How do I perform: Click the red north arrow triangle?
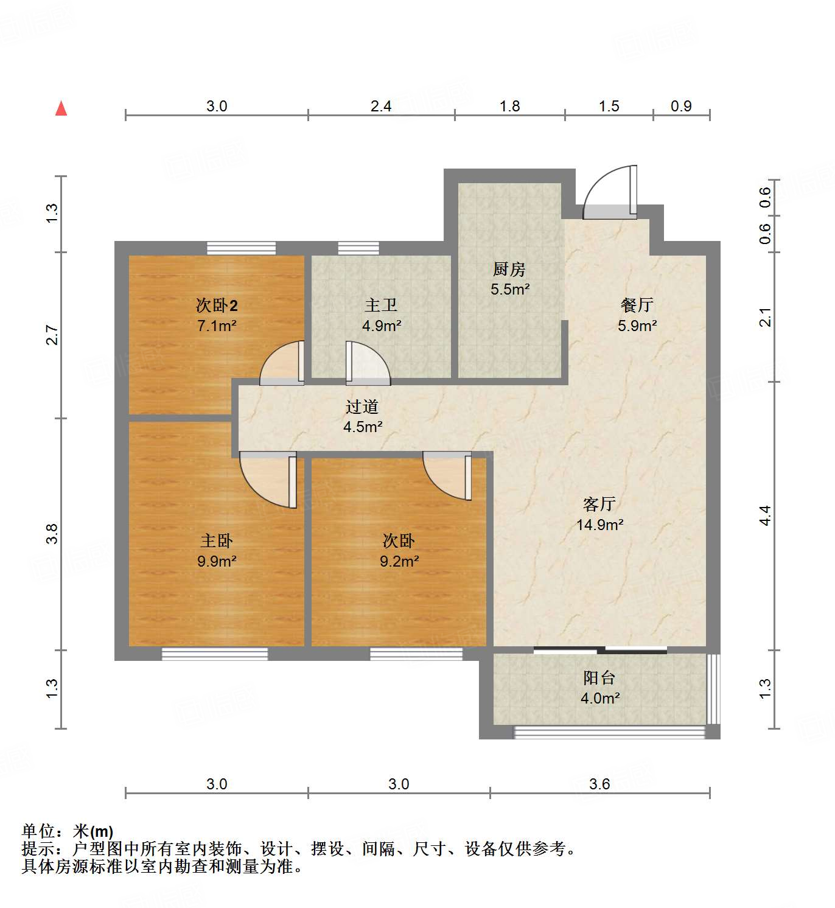coord(61,108)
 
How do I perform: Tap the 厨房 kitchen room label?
coord(509,268)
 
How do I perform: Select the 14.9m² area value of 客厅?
coord(599,525)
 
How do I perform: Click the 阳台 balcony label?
coord(599,677)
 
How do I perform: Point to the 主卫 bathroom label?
coord(381,305)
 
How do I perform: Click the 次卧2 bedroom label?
coord(216,305)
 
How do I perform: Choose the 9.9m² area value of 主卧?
coord(216,561)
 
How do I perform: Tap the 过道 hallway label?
coord(362,407)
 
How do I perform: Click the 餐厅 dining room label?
coord(637,305)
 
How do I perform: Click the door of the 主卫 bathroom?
coord(367,364)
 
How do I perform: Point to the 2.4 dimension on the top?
coord(381,106)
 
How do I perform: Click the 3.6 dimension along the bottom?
coord(599,784)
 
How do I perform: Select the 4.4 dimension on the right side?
coord(765,515)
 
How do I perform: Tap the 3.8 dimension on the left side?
coord(52,534)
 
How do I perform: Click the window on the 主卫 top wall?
coord(358,248)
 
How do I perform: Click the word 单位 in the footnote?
coord(38,831)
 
